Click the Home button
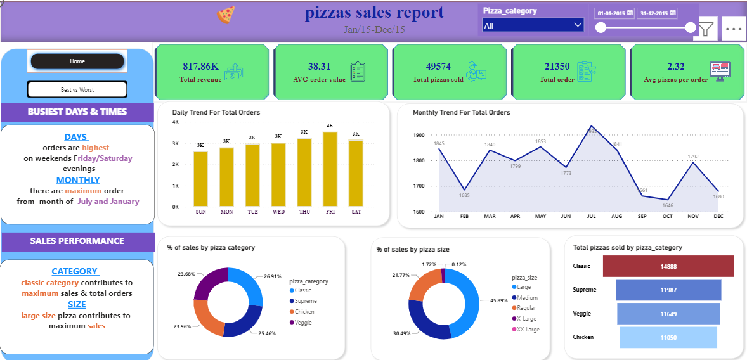pyautogui.click(x=77, y=61)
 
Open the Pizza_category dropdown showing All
pyautogui.click(x=533, y=25)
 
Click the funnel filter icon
pyautogui.click(x=706, y=29)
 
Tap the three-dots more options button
pyautogui.click(x=734, y=29)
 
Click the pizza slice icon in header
pyautogui.click(x=226, y=15)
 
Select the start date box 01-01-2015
pyautogui.click(x=613, y=13)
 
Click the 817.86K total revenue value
pyautogui.click(x=201, y=67)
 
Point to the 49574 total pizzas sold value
pyautogui.click(x=438, y=67)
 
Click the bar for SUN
pyautogui.click(x=200, y=179)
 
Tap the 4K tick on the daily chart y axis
pyautogui.click(x=176, y=122)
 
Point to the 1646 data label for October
pyautogui.click(x=667, y=205)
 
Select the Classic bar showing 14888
pyautogui.click(x=668, y=266)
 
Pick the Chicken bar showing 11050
pyautogui.click(x=668, y=337)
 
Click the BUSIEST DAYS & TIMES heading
pyautogui.click(x=77, y=112)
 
